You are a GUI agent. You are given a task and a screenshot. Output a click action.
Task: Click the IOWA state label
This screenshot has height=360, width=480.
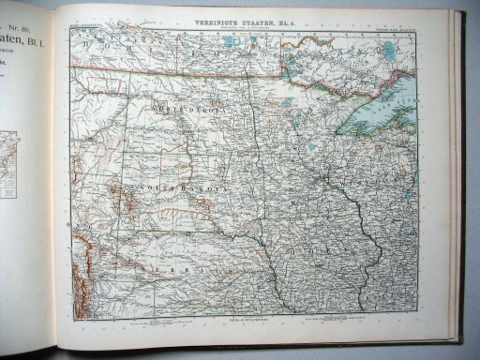(x=309, y=250)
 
